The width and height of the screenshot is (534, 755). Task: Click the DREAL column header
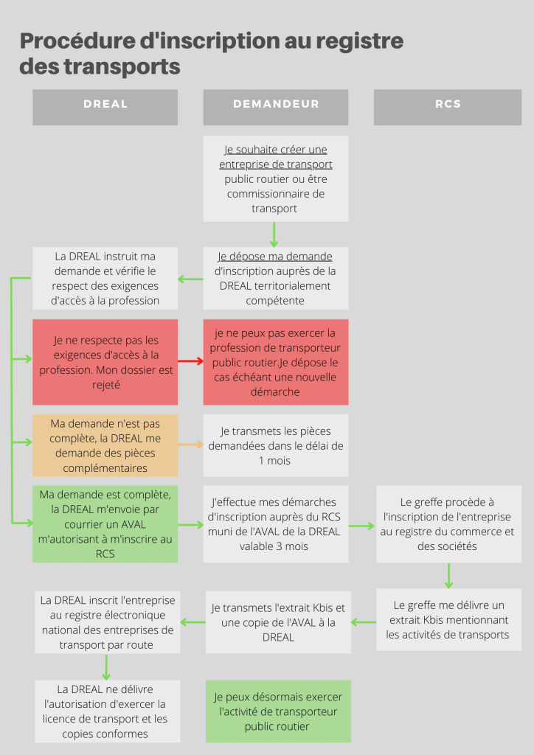tap(105, 108)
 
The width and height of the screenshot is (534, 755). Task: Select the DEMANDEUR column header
tap(275, 108)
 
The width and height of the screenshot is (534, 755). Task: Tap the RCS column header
tap(447, 108)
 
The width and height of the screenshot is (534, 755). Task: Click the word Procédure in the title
tap(77, 41)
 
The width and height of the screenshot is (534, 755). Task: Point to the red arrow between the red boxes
tap(191, 361)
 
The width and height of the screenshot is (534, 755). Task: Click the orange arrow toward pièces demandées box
tap(191, 445)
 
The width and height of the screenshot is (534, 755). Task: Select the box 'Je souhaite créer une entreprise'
tap(275, 178)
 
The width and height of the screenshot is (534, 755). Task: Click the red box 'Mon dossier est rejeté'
tap(105, 362)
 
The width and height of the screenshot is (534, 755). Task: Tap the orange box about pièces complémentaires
tap(105, 445)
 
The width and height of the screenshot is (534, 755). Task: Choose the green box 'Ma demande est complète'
tap(105, 524)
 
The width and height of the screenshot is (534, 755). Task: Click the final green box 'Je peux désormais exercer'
tap(278, 711)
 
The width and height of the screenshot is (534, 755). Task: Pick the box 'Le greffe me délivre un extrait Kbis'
tap(448, 619)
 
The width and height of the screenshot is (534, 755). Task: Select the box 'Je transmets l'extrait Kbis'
tap(278, 622)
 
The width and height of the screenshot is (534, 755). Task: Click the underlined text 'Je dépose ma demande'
tap(275, 257)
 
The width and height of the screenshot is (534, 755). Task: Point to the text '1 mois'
tap(274, 461)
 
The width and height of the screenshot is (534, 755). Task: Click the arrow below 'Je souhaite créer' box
tap(274, 234)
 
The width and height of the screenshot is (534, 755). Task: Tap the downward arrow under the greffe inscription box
tap(448, 575)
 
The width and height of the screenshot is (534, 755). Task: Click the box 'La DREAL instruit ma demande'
tap(105, 278)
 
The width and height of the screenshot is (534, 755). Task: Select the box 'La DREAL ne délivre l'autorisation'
tap(108, 711)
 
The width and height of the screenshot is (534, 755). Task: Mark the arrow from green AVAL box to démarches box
tap(191, 525)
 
